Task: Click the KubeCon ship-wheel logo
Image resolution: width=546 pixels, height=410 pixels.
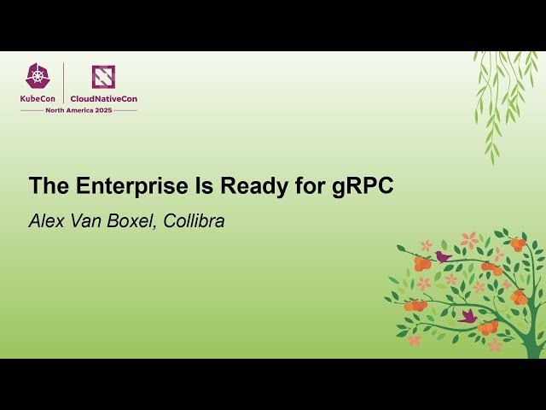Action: click(x=38, y=77)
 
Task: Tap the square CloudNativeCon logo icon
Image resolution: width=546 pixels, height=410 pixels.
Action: click(x=103, y=77)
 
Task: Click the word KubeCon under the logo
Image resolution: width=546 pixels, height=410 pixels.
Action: click(x=38, y=98)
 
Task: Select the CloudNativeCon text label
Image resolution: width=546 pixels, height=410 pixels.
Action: click(x=103, y=98)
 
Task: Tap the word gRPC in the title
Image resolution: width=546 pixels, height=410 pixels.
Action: click(x=363, y=186)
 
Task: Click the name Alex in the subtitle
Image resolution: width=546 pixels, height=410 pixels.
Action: click(x=45, y=221)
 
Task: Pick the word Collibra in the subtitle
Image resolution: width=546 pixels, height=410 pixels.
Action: click(x=196, y=221)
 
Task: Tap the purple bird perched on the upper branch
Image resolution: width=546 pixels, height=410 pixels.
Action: click(x=443, y=255)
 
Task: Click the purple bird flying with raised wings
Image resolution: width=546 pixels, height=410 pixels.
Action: click(x=467, y=316)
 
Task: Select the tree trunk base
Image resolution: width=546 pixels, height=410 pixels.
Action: click(x=534, y=347)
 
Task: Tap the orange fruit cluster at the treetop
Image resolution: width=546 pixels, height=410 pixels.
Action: click(x=517, y=244)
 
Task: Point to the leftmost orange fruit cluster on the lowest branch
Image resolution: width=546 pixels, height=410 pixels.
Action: click(x=415, y=305)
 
